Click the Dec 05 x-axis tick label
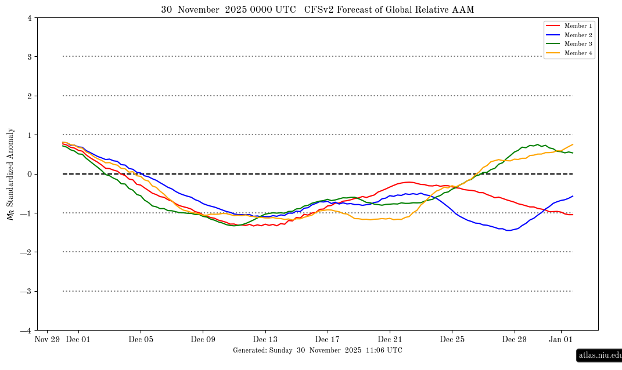tap(141, 340)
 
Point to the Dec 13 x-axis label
tap(265, 340)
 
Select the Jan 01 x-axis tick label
tap(561, 340)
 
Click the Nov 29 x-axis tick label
tap(47, 340)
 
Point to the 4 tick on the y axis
tap(30, 18)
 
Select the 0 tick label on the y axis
tap(30, 174)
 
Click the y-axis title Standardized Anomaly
tap(10, 174)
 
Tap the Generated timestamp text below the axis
tap(317, 350)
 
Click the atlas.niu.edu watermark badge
tap(599, 356)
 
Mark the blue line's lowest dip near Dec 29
tap(508, 230)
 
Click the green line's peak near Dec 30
tap(538, 144)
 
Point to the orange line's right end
tap(573, 144)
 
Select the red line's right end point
tap(573, 215)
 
